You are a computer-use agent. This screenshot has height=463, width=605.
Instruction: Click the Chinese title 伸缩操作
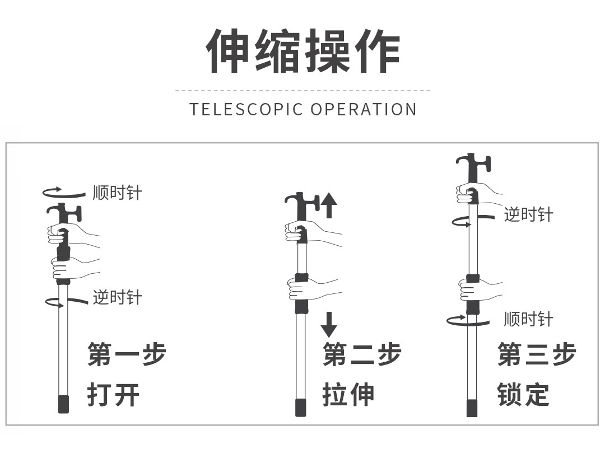pyautogui.click(x=302, y=51)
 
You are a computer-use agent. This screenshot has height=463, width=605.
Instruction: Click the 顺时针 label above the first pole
pyautogui.click(x=117, y=193)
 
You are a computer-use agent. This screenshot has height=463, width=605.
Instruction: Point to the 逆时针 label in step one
pyautogui.click(x=117, y=297)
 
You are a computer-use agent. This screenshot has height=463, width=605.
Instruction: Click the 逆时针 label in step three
pyautogui.click(x=528, y=214)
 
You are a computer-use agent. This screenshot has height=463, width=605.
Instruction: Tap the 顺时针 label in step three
pyautogui.click(x=528, y=320)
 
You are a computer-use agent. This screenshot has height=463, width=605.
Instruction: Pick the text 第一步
pyautogui.click(x=127, y=354)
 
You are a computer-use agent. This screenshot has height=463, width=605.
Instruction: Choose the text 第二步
pyautogui.click(x=362, y=354)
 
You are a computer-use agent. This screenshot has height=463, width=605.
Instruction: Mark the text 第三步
pyautogui.click(x=537, y=354)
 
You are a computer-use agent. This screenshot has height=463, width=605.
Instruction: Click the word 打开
pyautogui.click(x=113, y=395)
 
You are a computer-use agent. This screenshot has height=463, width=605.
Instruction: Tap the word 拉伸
pyautogui.click(x=348, y=395)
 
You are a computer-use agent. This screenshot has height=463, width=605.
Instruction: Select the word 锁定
pyautogui.click(x=523, y=395)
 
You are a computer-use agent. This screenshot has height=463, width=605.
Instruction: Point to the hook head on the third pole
pyautogui.click(x=473, y=163)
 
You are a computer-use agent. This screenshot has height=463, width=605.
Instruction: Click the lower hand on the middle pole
pyautogui.click(x=305, y=289)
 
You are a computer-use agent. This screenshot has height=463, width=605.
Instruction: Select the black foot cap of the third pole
pyautogui.click(x=472, y=408)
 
